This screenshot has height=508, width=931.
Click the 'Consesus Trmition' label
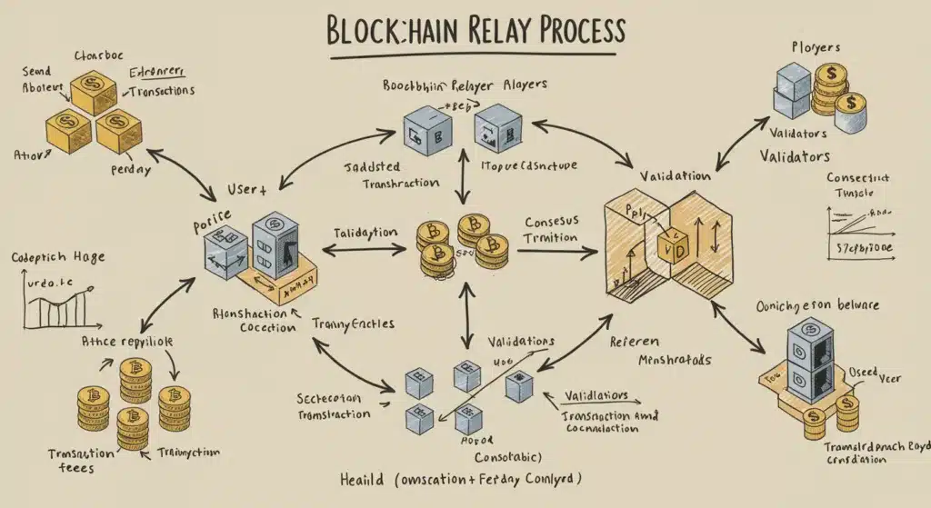551,229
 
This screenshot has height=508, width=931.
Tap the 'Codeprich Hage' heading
58,257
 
